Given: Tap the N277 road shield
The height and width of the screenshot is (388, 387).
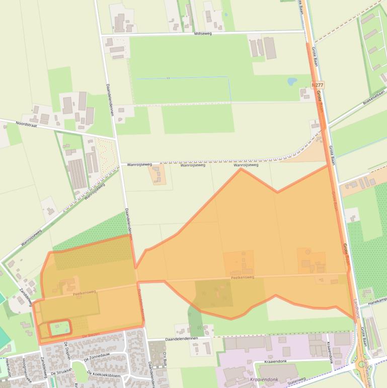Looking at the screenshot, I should click(x=317, y=86).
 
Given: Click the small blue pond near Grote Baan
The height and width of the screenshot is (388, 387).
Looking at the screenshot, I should click(x=292, y=81).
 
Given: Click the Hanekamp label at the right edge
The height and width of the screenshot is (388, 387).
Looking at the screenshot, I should click(x=377, y=300).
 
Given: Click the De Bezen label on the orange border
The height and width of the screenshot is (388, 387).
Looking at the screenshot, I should click(x=91, y=335).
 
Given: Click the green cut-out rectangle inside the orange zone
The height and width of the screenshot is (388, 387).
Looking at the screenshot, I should click(x=60, y=329).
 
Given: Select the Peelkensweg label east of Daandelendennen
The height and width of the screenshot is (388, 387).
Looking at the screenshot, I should click(x=243, y=278).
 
